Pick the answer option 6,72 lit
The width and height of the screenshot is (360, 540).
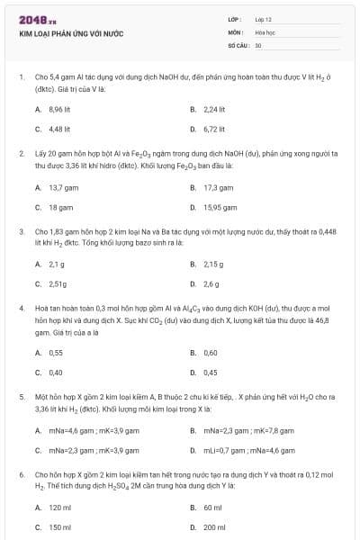pyautogui.click(x=214, y=129)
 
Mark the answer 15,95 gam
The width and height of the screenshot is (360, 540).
pyautogui.click(x=219, y=207)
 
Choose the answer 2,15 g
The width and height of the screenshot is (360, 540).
pyautogui.click(x=213, y=265)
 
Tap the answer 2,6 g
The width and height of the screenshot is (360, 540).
pyautogui.click(x=211, y=284)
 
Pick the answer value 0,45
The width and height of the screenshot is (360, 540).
pyautogui.click(x=211, y=372)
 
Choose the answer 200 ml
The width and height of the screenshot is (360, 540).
pyautogui.click(x=214, y=527)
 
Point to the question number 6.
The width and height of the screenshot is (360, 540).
pyautogui.click(x=21, y=473)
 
